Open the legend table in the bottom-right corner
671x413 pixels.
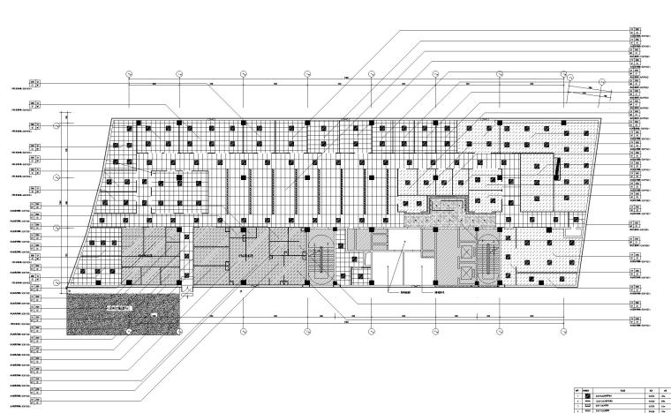[x=621, y=398]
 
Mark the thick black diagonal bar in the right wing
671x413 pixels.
[x=556, y=168]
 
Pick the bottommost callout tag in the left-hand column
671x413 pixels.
[x=35, y=405]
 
